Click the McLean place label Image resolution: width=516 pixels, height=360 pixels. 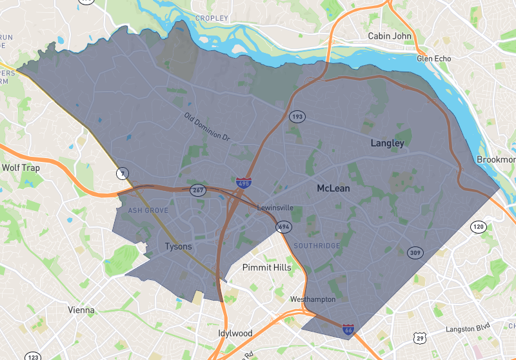[333, 188]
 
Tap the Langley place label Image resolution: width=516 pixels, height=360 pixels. [387, 143]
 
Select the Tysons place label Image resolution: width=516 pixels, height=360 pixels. [178, 246]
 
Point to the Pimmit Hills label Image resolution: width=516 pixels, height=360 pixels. [266, 267]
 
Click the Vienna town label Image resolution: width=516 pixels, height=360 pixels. [81, 310]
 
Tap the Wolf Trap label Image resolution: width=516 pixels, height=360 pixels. [21, 167]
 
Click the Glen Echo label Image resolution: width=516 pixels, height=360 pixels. [434, 59]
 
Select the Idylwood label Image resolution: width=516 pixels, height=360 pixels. [234, 334]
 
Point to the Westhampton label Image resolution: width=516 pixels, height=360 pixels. [313, 299]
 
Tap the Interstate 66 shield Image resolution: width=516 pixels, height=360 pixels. [348, 330]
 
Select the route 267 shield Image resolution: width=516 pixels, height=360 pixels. [197, 190]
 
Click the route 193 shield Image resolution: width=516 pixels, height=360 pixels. [297, 117]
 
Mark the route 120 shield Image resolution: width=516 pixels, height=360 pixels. [478, 226]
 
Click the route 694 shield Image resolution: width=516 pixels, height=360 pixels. [283, 226]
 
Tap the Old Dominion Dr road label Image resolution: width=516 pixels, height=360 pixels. [207, 127]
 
